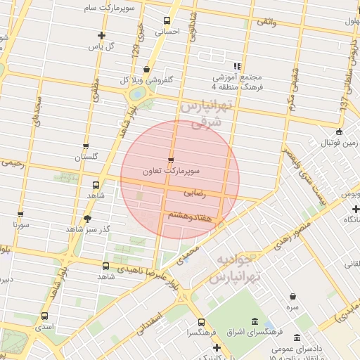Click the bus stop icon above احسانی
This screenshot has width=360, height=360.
167,20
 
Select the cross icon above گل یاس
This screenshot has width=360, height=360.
101,35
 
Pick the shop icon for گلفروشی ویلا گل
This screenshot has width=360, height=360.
146,69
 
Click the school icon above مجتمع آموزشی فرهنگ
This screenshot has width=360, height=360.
237,66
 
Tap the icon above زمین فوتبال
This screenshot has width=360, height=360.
340,131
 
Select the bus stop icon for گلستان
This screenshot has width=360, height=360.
86,147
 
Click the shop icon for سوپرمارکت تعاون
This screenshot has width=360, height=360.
172,160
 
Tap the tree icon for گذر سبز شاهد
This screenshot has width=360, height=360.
87,219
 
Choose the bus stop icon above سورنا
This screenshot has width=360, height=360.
20,214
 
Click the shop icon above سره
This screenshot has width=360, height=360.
292,296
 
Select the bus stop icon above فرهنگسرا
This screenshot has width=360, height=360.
201,322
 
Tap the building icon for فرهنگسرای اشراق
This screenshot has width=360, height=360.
271,326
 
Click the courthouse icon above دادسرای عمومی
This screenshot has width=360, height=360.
296,338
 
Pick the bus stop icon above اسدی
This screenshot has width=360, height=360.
45,316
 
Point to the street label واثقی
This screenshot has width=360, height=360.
267,22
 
